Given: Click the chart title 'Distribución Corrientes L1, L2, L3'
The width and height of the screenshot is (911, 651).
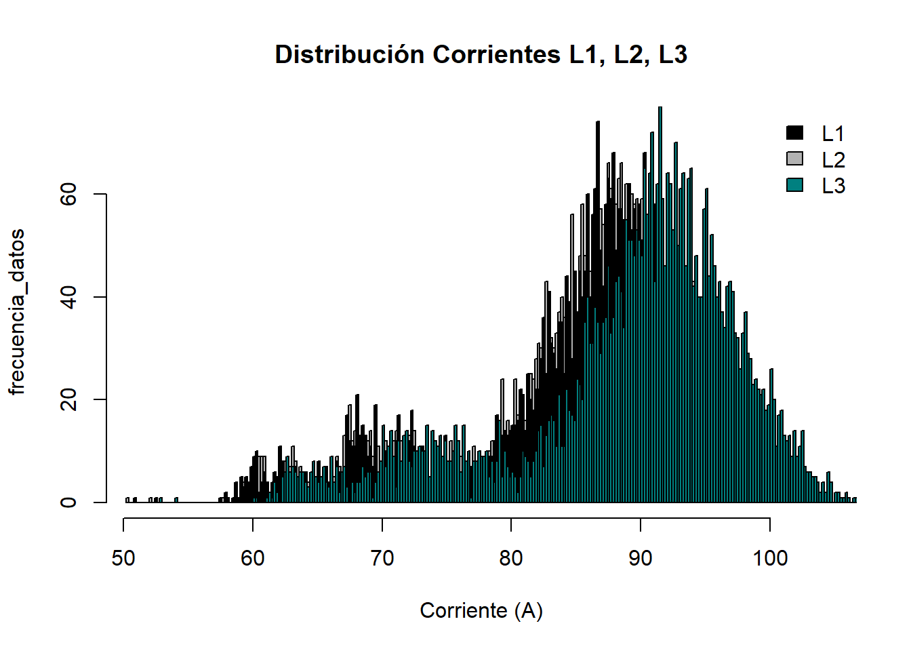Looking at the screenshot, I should (x=481, y=55).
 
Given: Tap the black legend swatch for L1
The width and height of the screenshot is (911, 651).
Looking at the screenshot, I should (x=794, y=132).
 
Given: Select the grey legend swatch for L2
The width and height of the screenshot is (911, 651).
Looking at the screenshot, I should (x=794, y=159).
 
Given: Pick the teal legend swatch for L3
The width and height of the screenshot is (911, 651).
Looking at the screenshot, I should (x=794, y=184).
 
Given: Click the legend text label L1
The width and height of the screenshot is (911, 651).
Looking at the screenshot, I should (x=833, y=134).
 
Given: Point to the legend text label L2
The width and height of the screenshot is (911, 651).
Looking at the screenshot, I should (x=833, y=160).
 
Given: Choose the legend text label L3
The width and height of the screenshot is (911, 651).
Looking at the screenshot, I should (x=833, y=186).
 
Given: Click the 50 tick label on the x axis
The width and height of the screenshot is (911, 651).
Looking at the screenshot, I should (x=123, y=559).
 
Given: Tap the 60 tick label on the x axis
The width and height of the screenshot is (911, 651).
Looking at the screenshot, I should (x=253, y=559).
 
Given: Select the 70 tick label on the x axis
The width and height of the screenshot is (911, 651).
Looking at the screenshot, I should (x=382, y=559).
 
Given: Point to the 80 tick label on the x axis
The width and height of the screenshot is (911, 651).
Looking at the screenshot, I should (x=511, y=559).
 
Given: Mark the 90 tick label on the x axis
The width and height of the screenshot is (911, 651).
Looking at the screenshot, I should (x=640, y=559).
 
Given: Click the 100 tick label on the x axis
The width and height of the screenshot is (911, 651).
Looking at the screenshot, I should (x=770, y=559).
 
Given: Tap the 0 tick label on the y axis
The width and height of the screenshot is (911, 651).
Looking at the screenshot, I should (x=68, y=502).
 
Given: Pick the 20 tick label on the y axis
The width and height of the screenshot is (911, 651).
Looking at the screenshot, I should (x=68, y=400).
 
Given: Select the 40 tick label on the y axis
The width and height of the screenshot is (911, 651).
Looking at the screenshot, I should (x=68, y=297).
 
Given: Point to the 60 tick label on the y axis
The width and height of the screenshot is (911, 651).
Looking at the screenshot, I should (x=68, y=195).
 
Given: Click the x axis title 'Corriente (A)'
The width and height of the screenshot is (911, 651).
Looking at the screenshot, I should (x=481, y=611).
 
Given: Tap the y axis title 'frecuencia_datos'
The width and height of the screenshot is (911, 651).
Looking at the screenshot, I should (x=17, y=311).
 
